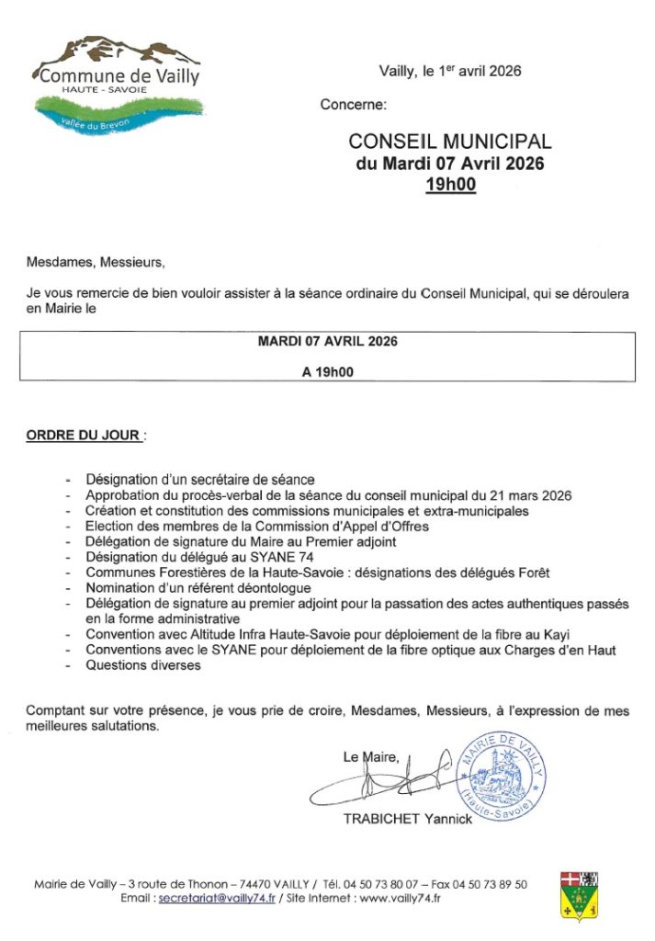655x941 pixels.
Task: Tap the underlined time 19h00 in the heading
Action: point(450,185)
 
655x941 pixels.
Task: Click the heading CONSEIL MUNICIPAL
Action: point(450,142)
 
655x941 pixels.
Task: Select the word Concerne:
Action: point(354,105)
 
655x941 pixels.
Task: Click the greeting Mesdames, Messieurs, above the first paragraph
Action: point(96,262)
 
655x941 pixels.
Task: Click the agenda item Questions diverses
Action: point(143,666)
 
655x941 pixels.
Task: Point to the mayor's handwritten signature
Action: point(386,781)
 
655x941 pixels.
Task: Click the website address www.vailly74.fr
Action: point(401,898)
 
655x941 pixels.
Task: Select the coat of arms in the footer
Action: point(579,896)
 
